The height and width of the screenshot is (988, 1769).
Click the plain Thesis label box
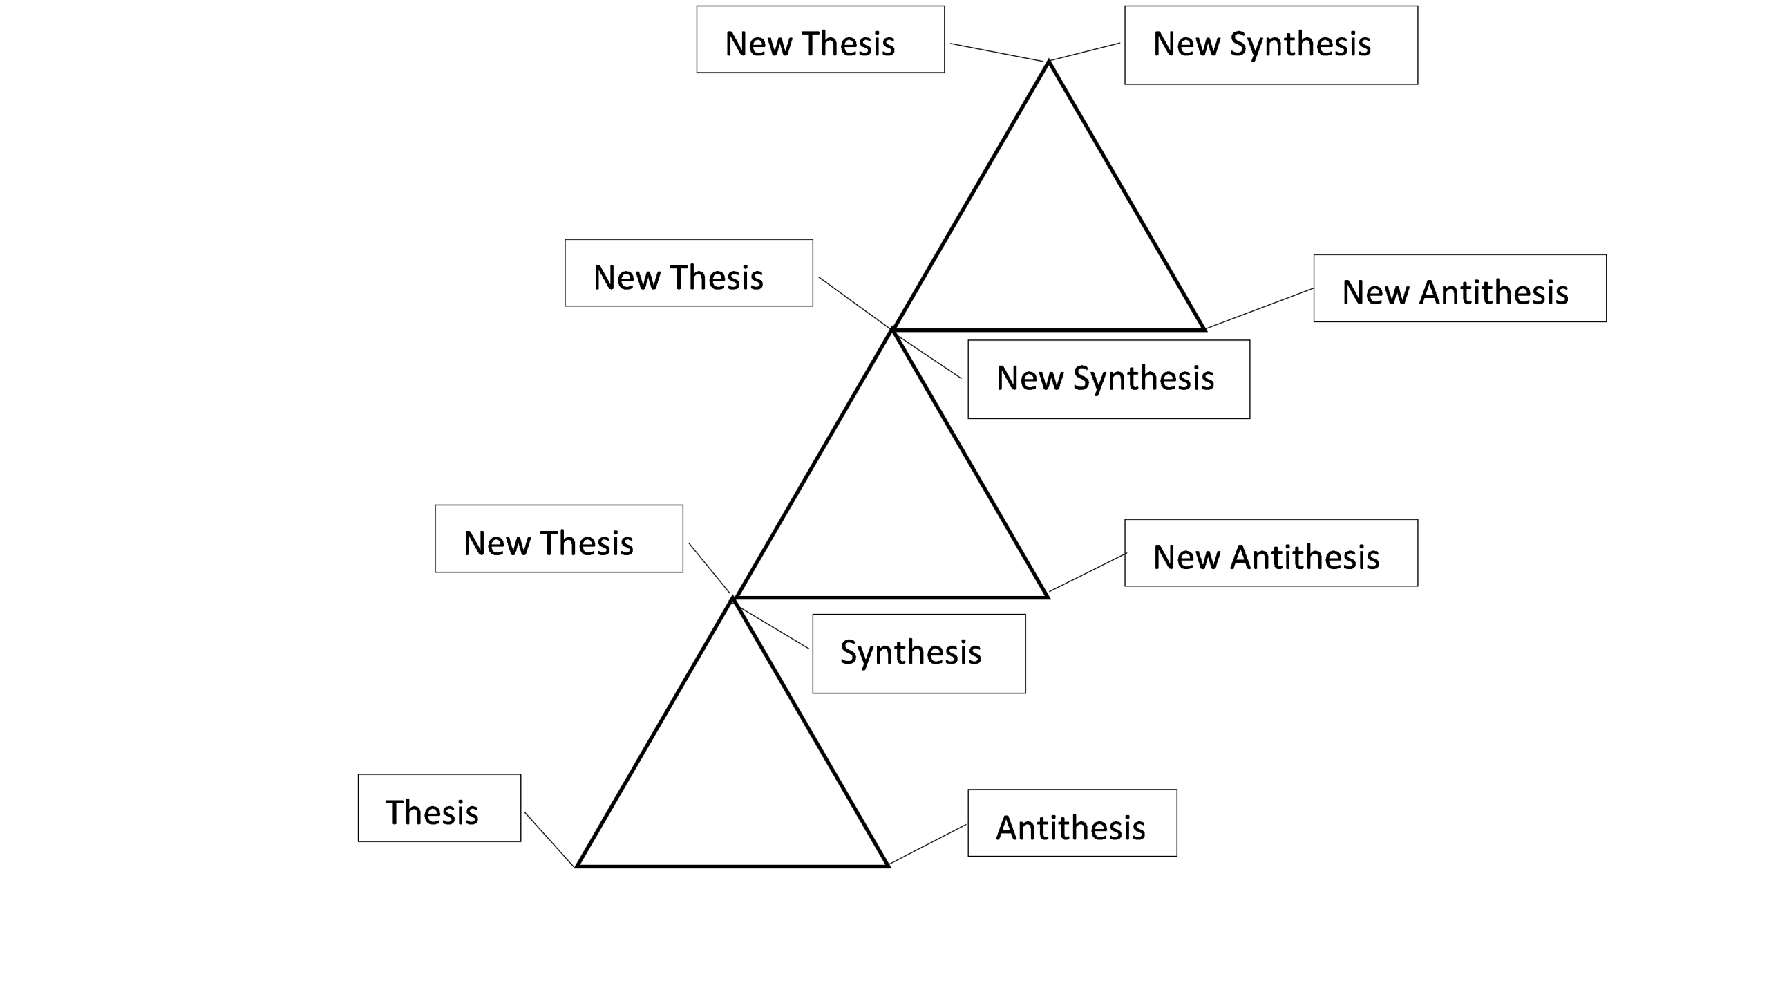pos(439,808)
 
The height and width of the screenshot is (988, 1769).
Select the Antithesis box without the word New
pos(1072,823)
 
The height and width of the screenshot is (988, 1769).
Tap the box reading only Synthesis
pos(918,653)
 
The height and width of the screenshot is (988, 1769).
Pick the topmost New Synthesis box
pos(1271,45)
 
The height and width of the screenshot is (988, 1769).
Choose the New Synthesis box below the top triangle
pos(1108,379)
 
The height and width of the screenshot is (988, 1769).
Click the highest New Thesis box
pos(820,39)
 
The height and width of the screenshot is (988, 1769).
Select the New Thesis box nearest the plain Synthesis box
pos(558,539)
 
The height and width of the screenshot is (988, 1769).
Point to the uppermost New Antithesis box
pos(1459,288)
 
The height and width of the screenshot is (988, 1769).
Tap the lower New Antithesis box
pos(1271,553)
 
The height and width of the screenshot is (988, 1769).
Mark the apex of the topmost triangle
pos(1048,62)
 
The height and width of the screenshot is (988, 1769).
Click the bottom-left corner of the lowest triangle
pos(578,865)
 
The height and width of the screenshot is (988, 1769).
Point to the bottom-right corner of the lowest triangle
pos(888,865)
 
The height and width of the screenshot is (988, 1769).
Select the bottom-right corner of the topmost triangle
pos(1204,329)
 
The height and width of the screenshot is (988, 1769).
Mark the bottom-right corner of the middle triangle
pos(1048,596)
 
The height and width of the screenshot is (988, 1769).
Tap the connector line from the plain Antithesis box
pos(927,844)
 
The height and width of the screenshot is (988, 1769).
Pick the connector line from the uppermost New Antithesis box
pos(1259,308)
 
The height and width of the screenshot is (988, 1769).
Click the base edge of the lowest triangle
pos(732,866)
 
